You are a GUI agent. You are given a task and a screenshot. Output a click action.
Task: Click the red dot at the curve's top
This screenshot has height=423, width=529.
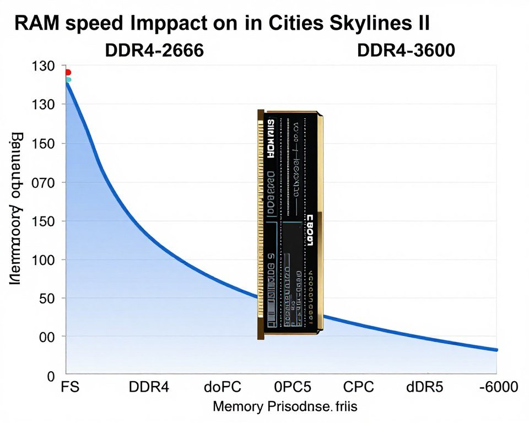click(68, 72)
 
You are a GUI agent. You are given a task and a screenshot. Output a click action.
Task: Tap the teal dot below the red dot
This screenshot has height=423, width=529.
click(68, 80)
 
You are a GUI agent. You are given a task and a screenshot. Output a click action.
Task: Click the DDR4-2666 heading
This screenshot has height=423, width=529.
click(154, 51)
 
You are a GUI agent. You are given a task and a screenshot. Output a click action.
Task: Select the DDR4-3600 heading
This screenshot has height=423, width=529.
click(406, 51)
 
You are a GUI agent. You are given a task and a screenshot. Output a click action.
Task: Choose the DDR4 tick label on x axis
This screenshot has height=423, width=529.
click(148, 387)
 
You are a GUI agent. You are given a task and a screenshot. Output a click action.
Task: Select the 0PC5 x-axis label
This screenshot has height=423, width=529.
click(295, 387)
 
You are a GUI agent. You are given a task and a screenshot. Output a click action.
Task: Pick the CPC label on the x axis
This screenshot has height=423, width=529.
click(359, 387)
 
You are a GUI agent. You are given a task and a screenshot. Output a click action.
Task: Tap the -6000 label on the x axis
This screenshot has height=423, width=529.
click(498, 387)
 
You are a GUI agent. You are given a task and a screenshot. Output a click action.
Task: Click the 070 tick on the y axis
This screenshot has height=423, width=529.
click(41, 182)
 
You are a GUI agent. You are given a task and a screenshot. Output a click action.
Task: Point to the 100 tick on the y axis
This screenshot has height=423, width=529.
click(41, 259)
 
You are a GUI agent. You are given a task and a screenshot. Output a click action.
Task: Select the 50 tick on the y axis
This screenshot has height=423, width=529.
click(45, 298)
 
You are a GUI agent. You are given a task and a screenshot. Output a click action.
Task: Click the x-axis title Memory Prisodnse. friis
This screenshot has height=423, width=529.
click(285, 407)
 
